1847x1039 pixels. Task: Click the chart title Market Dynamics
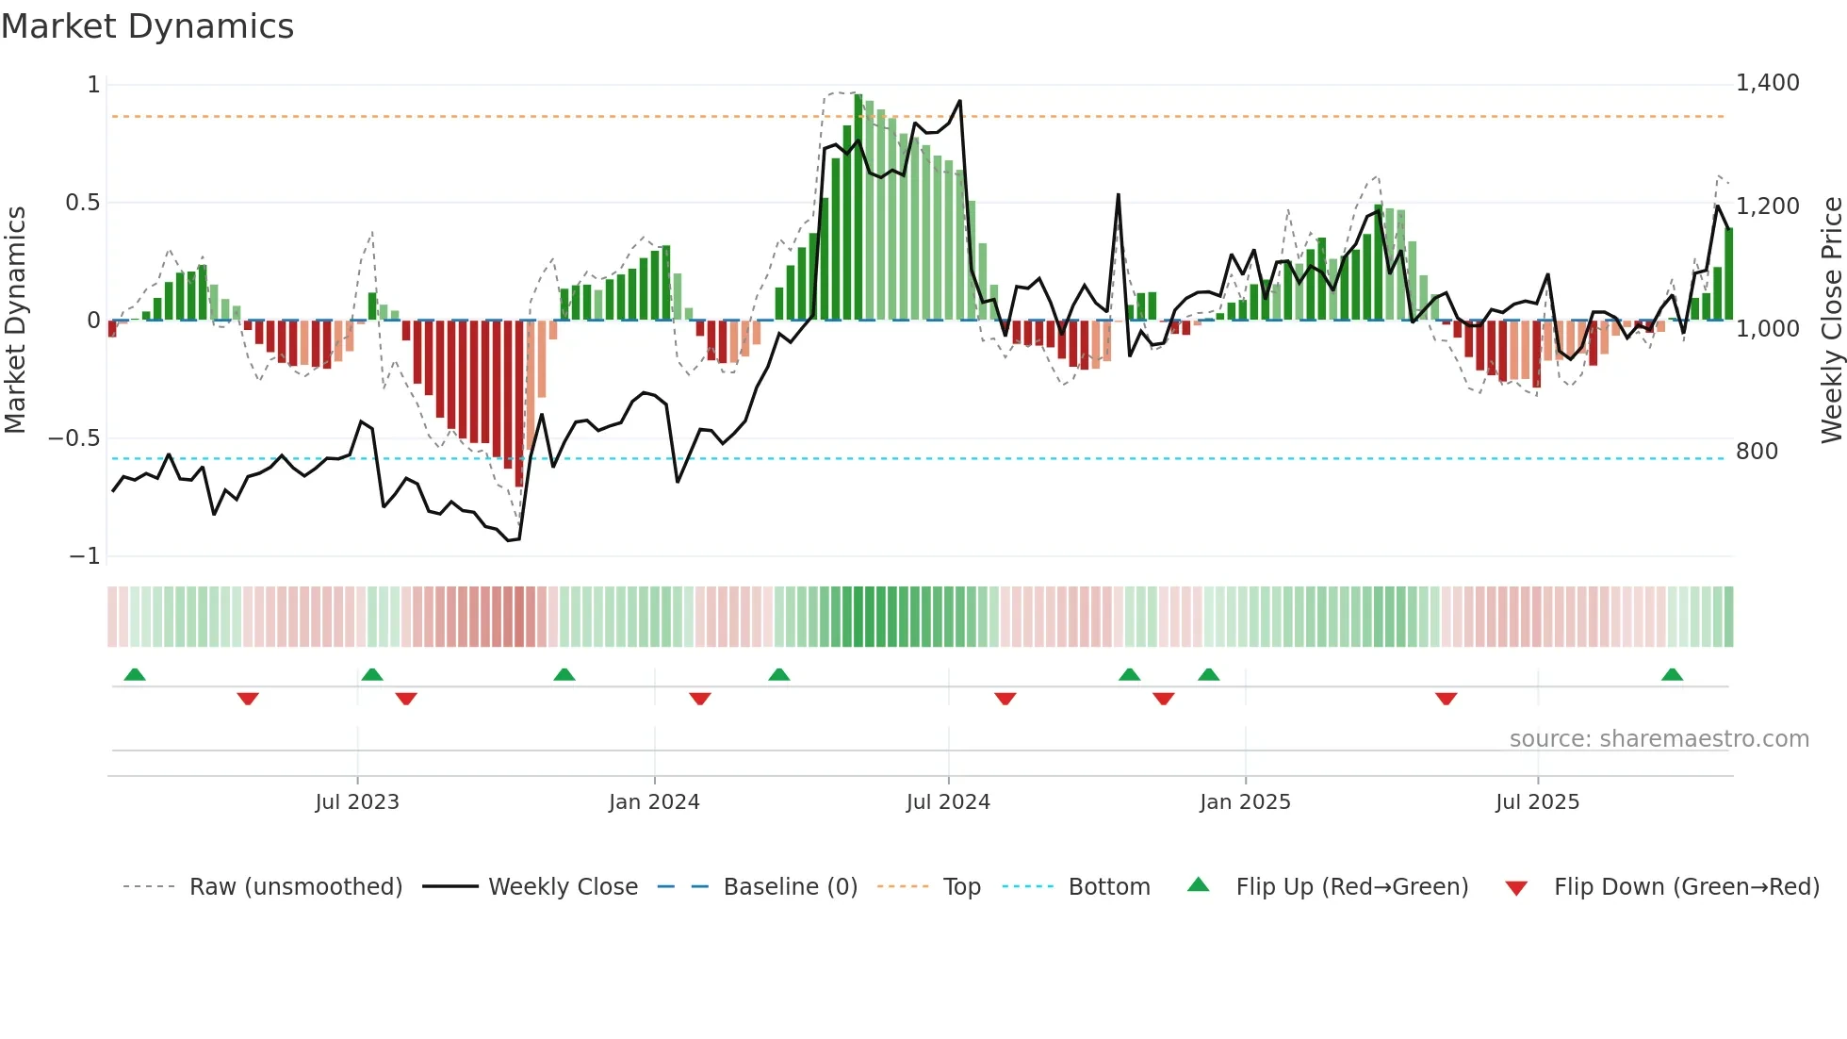tap(147, 26)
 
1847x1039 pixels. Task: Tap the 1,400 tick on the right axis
tap(1767, 83)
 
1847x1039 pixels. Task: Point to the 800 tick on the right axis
tap(1757, 452)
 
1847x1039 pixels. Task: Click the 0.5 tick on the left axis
tap(82, 203)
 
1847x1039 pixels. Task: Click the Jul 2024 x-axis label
tap(948, 802)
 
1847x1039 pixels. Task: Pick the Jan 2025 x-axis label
tap(1245, 802)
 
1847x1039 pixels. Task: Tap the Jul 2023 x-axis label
tap(357, 802)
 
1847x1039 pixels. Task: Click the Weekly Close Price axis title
tap(1831, 321)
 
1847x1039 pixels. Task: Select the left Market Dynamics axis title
tap(15, 321)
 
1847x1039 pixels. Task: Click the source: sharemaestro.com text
tap(1659, 739)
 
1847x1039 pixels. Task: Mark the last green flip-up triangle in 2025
tap(1672, 675)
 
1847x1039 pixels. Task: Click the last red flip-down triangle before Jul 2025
tap(1446, 699)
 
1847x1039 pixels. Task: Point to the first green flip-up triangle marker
tap(135, 675)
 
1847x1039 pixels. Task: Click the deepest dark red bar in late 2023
tap(519, 405)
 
